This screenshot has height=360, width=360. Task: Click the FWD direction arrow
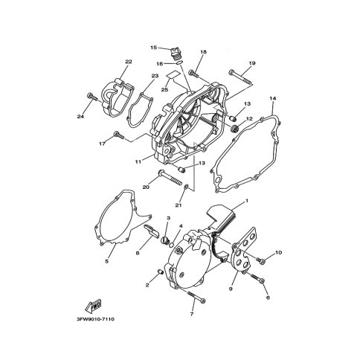tap(93, 306)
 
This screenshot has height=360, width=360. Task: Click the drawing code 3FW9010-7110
tap(95, 319)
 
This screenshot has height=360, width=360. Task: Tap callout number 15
tap(154, 47)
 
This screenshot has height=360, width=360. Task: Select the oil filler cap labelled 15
tap(175, 54)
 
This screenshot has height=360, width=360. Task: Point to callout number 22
tap(129, 62)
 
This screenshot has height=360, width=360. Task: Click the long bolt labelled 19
tap(241, 78)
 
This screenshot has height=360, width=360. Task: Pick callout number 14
tap(273, 98)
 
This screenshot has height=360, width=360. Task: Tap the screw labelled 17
tap(119, 135)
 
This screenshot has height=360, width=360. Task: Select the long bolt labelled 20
tap(170, 177)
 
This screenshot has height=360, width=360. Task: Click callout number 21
tap(179, 205)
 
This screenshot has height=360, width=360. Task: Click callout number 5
tap(107, 261)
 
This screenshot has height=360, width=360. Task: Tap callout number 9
tap(231, 289)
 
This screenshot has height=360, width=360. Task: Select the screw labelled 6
tap(258, 278)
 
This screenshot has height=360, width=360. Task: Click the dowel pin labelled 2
tap(161, 272)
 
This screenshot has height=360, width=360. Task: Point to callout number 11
tap(138, 161)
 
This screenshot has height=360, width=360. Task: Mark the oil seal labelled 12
tap(234, 129)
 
